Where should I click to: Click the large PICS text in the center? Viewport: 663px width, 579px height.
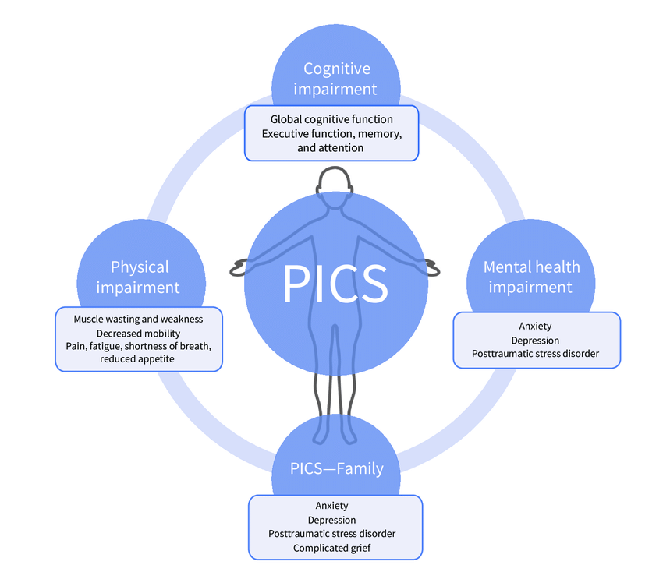(x=335, y=284)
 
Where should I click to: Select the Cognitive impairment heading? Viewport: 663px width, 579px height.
(x=335, y=79)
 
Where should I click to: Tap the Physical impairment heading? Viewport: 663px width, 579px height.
(x=140, y=277)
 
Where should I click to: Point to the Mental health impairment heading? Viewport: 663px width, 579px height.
(x=530, y=277)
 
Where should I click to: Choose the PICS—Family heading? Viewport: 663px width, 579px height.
(x=336, y=468)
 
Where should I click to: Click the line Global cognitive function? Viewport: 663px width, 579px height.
(x=331, y=119)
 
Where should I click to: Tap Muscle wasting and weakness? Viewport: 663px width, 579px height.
(x=138, y=319)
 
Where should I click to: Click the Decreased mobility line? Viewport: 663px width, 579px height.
(x=138, y=332)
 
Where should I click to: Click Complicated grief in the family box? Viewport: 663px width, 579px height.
(x=331, y=548)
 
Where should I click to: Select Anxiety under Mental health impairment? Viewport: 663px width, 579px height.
(x=535, y=327)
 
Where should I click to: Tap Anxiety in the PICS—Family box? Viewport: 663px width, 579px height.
(x=331, y=506)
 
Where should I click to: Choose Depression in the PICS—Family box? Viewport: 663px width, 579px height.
(x=331, y=520)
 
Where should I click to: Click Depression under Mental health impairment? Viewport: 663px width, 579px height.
(x=535, y=341)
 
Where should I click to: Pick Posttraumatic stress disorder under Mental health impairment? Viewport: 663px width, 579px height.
(x=535, y=354)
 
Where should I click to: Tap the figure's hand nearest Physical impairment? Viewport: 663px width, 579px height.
(x=239, y=268)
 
